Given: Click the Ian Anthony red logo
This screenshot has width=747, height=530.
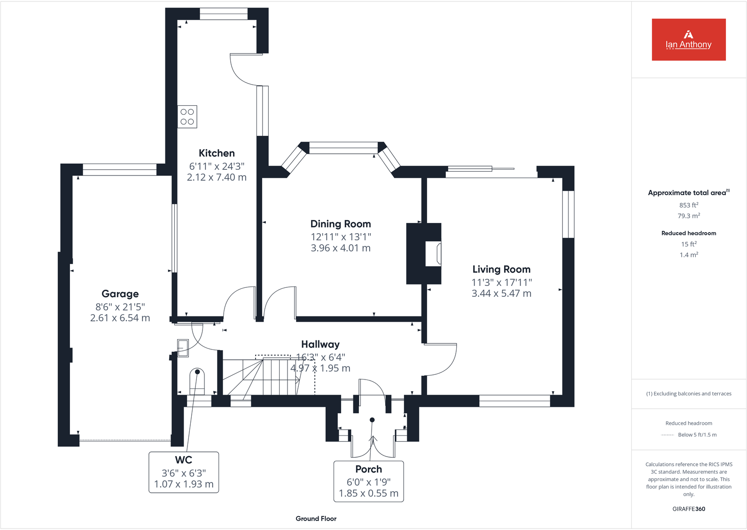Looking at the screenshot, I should [x=688, y=40].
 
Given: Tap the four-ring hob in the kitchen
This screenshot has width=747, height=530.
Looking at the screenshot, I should [x=187, y=117].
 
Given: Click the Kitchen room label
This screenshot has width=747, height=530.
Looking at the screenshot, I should [x=217, y=153].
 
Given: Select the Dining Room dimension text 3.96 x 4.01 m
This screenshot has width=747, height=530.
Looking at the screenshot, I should [x=341, y=248].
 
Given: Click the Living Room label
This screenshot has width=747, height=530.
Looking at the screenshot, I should [x=501, y=269].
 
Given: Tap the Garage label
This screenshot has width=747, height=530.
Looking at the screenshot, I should [x=120, y=294].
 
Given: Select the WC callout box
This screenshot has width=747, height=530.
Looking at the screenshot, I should [x=184, y=472].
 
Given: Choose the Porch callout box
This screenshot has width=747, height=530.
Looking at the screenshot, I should [x=368, y=481].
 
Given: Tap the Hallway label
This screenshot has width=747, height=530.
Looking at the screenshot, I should [x=320, y=345].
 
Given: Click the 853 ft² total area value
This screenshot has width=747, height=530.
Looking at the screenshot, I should [x=689, y=205].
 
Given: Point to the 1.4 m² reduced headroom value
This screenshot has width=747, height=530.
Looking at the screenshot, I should [x=689, y=255].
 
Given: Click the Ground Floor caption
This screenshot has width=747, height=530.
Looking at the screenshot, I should [x=316, y=519].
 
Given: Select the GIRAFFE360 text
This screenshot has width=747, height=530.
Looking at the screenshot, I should [x=689, y=509].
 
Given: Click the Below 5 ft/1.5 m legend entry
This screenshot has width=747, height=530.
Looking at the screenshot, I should [x=697, y=435].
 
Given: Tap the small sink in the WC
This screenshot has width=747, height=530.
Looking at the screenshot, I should [x=183, y=348].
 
